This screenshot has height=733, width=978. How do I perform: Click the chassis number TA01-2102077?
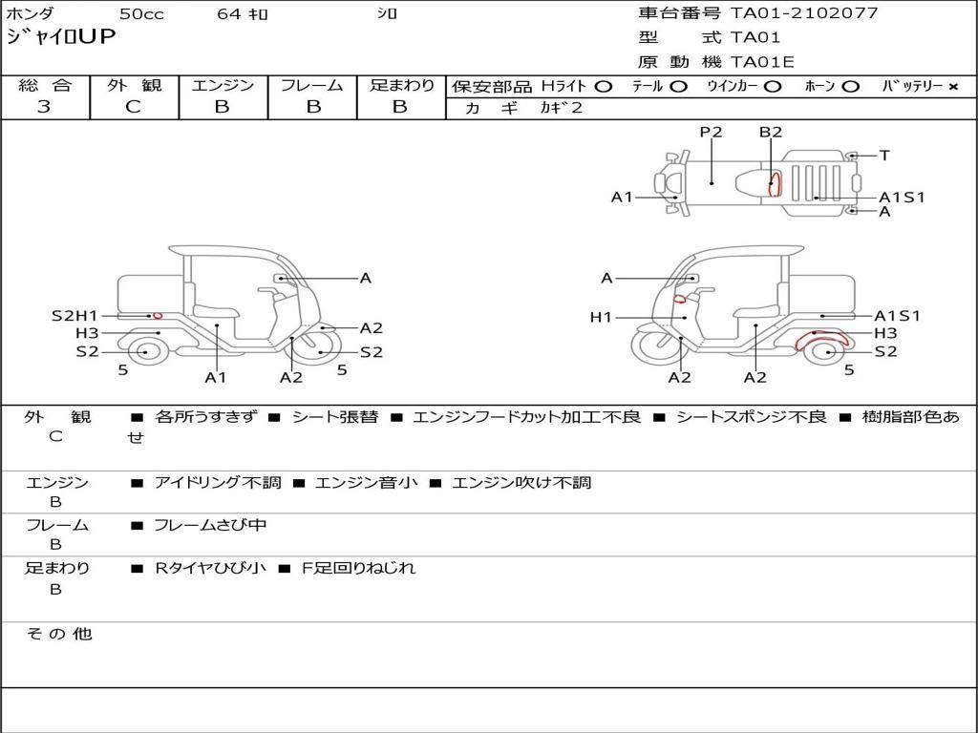click(x=804, y=12)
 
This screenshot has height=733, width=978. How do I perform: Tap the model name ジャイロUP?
click(x=60, y=37)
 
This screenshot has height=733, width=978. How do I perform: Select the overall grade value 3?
click(x=44, y=107)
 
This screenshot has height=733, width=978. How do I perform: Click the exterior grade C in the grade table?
click(x=134, y=107)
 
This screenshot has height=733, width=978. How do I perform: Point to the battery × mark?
click(x=952, y=87)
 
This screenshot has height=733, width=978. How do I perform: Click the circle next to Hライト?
click(x=604, y=87)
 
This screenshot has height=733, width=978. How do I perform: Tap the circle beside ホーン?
click(x=850, y=87)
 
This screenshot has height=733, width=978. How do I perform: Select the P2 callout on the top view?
click(x=711, y=132)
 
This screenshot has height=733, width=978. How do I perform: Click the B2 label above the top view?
click(x=771, y=132)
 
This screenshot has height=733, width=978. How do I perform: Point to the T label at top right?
click(x=883, y=156)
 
